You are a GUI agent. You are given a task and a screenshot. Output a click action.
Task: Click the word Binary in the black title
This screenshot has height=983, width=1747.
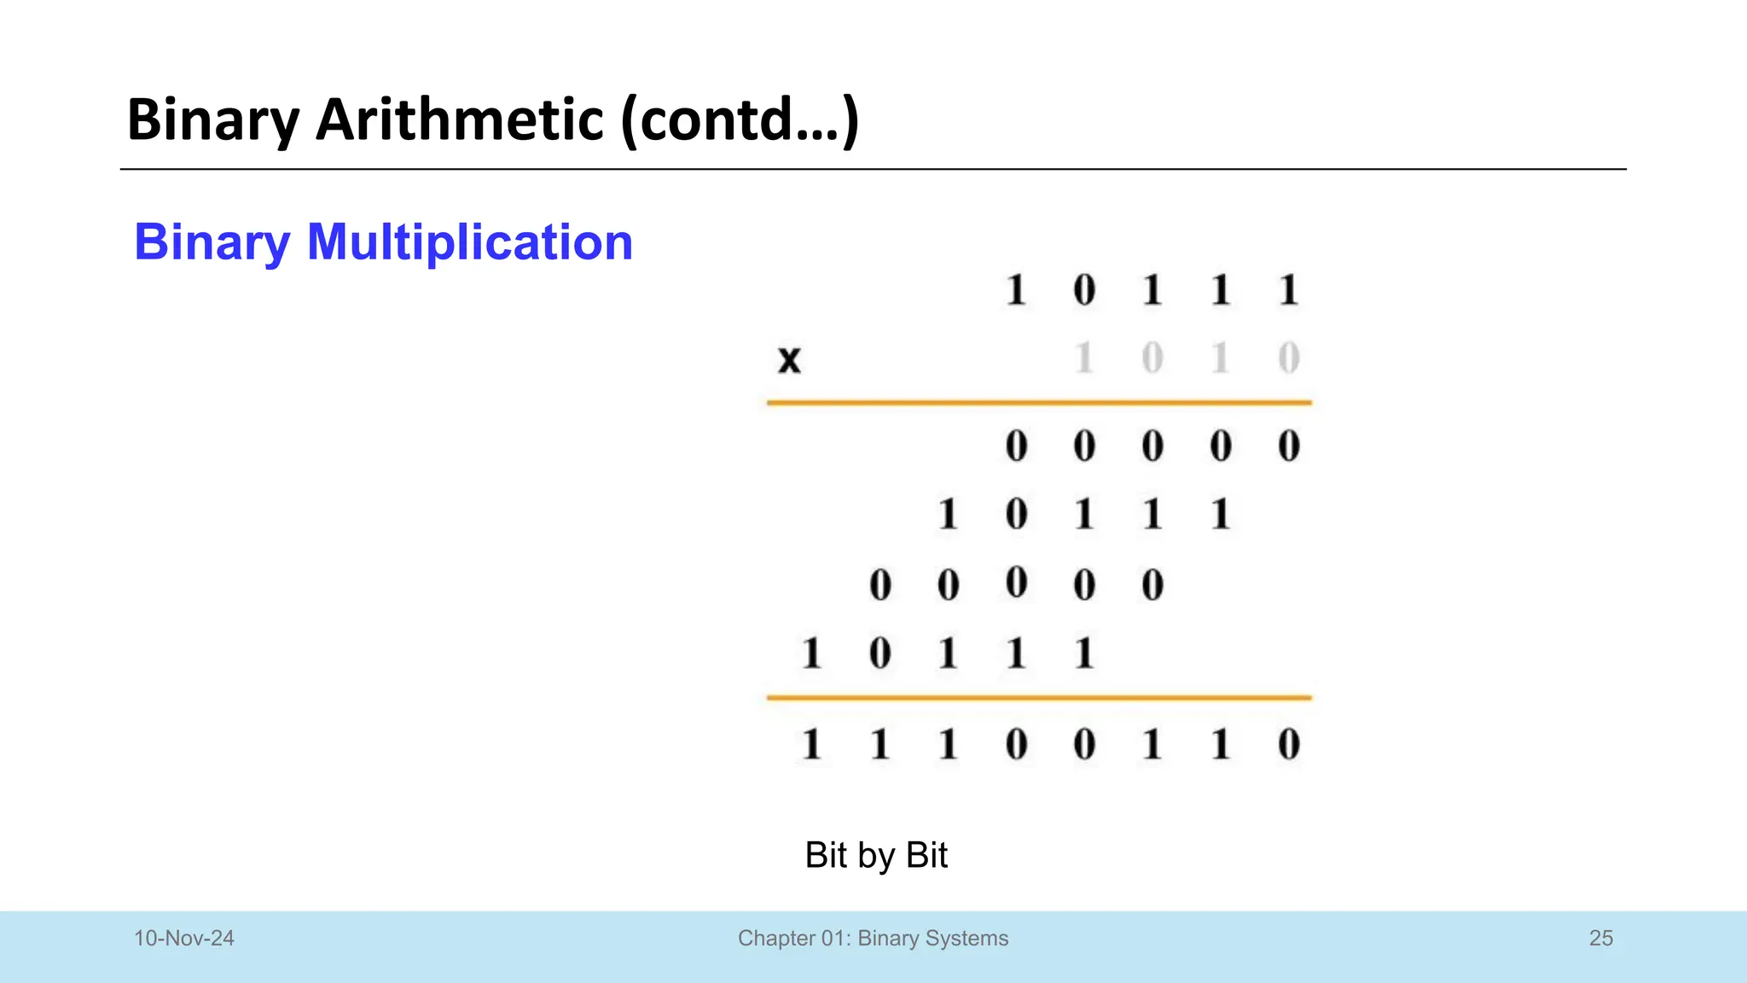click(213, 119)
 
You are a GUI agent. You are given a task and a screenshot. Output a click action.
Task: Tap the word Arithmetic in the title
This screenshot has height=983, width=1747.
click(460, 119)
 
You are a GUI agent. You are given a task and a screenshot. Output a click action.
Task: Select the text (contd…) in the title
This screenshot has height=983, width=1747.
click(740, 119)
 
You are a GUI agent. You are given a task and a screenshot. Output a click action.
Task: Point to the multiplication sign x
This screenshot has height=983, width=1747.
click(790, 359)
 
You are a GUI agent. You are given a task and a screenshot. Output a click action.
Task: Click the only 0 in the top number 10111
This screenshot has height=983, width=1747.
click(1084, 290)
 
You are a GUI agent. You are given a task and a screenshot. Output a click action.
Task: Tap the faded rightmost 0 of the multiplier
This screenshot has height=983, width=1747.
click(1289, 358)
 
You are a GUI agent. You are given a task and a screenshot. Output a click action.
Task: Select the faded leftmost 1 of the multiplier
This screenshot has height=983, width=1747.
click(1084, 358)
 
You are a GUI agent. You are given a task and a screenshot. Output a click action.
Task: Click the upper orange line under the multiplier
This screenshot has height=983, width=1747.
click(1039, 402)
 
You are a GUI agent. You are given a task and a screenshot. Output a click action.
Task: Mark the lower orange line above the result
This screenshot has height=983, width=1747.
click(1039, 697)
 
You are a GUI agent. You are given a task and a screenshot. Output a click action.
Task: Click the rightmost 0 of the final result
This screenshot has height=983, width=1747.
click(1289, 744)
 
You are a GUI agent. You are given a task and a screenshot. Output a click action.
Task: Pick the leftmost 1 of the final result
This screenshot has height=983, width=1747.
click(811, 744)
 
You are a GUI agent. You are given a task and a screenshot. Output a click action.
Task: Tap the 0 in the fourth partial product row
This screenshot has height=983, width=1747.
click(879, 654)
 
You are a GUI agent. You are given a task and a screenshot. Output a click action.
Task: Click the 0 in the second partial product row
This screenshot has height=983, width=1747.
click(1016, 515)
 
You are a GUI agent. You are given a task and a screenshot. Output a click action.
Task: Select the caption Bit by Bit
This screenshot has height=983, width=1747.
click(876, 855)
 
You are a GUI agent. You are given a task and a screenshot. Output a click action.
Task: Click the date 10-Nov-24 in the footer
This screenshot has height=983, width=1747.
click(184, 939)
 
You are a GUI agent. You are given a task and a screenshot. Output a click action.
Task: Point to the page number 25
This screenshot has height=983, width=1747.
click(1601, 939)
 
